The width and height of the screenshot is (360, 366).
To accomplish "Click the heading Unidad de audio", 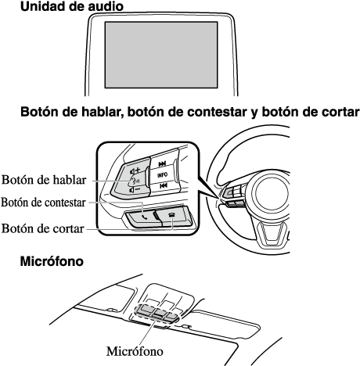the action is [x=72, y=6].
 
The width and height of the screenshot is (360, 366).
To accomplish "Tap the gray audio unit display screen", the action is [x=161, y=55].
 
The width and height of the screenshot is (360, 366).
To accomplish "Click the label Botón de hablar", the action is [x=44, y=180].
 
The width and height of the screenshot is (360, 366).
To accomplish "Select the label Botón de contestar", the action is [x=43, y=203].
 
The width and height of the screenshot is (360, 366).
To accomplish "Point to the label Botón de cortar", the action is [x=43, y=228].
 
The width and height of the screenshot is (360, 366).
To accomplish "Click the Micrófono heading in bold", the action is [x=52, y=261].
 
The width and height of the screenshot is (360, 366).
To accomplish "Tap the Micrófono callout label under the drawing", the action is [x=135, y=351].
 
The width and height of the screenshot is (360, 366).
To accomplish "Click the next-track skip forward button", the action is [x=162, y=163].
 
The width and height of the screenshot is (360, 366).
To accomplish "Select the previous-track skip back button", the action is [x=164, y=185].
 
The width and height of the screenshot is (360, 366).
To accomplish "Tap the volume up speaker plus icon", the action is [x=135, y=171].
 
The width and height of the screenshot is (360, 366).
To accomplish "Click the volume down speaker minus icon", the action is [x=135, y=189].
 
